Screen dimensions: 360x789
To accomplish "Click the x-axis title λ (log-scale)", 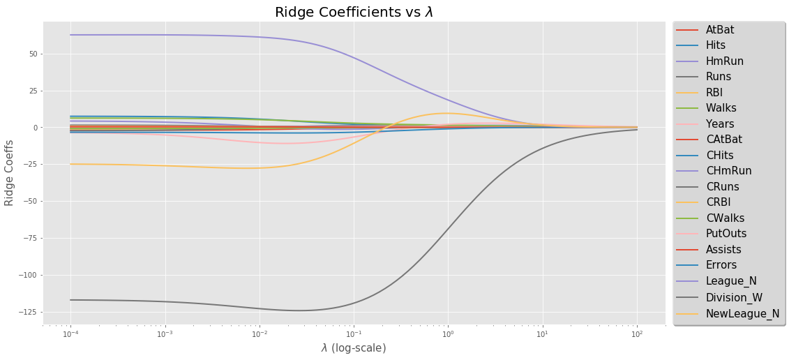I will pos(354,347).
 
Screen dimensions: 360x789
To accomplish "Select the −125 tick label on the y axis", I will pos(29,312).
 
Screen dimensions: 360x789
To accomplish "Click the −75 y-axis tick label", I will pos(31,239).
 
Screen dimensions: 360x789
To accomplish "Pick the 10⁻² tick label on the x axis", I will pos(260,334).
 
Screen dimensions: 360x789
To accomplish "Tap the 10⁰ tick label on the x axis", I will pos(448,334).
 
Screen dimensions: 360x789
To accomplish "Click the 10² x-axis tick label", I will pos(636,334).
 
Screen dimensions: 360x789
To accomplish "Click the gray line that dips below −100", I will pos(209,304).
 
